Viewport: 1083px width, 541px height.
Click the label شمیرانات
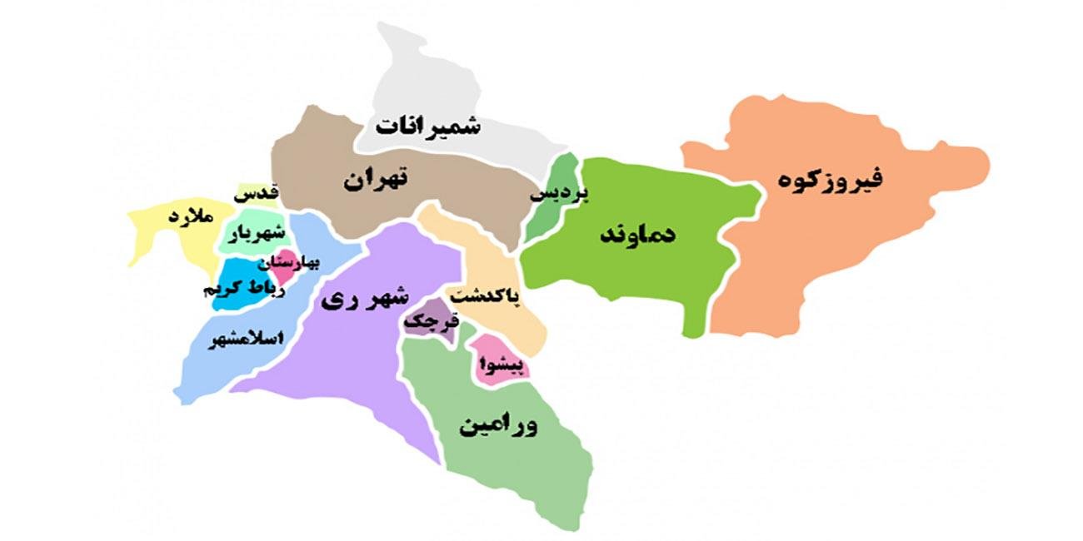427,127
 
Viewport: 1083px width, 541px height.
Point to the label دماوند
639,235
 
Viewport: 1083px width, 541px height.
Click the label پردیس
560,195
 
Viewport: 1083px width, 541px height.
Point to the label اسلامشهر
247,340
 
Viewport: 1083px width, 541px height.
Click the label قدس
255,194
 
